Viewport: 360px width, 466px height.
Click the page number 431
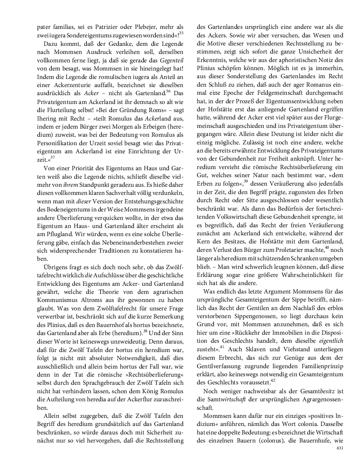340,448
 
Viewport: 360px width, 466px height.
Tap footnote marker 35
181,33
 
